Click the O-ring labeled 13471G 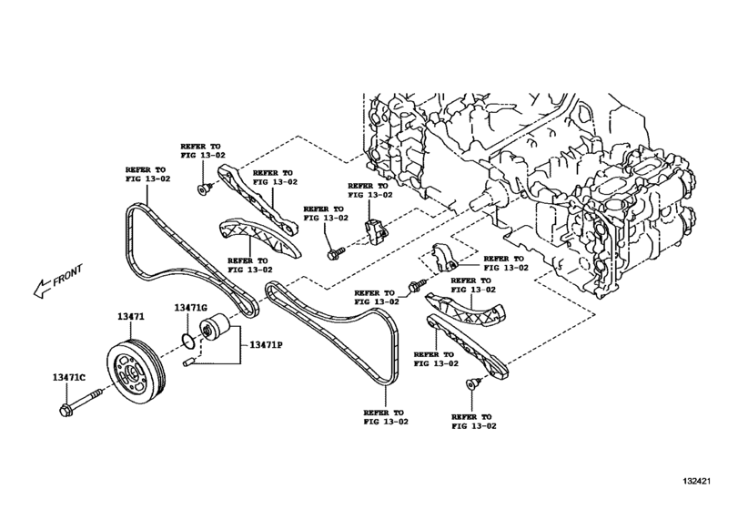coord(187,343)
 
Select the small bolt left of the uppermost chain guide coord(203,189)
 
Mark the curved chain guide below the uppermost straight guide coord(255,238)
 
